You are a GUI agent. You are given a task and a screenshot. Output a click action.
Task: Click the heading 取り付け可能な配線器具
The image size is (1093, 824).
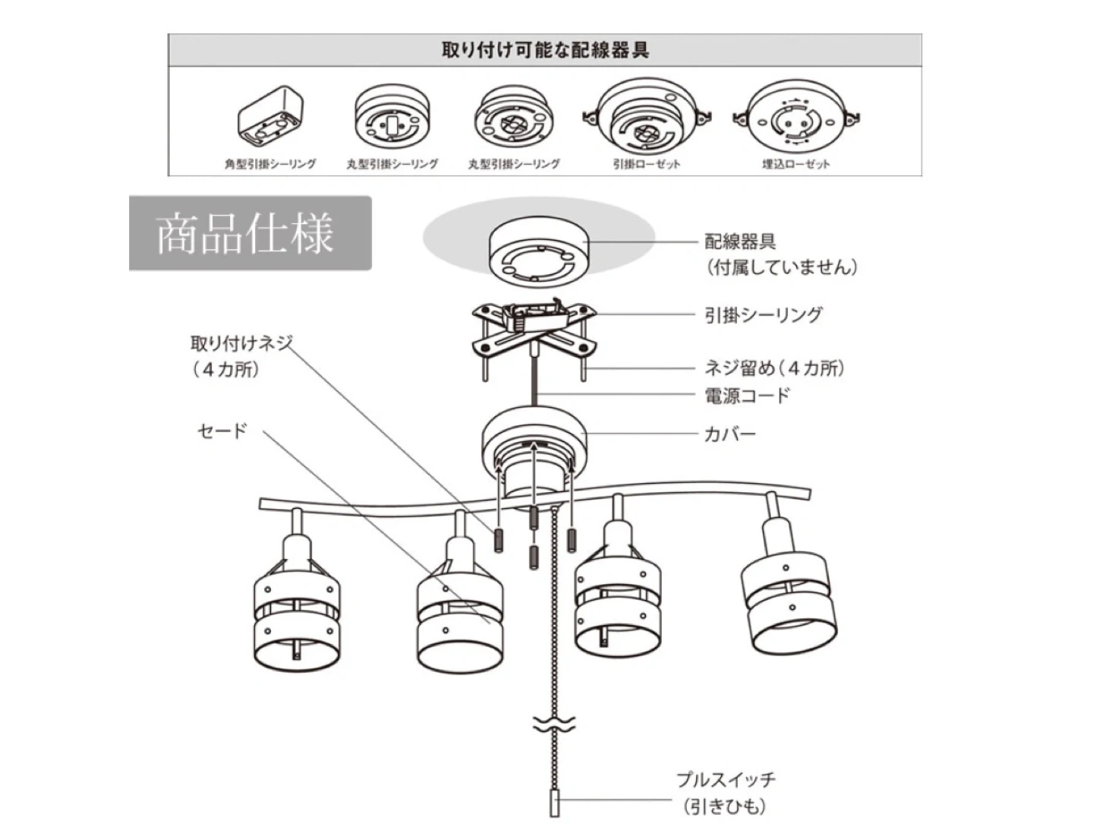point(545,51)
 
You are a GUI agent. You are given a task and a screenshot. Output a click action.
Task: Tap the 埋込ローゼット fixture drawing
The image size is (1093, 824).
point(795,118)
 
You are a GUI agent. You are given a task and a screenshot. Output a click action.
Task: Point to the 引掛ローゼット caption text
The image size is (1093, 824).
point(647,164)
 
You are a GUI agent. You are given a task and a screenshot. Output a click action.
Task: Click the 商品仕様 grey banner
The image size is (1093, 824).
point(250,233)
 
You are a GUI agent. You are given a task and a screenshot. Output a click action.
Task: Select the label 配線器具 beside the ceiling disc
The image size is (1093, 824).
point(740,242)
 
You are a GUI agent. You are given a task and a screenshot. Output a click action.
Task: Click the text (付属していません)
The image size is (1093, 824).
point(781,267)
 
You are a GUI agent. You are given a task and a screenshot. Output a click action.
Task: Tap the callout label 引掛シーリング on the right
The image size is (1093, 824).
point(763,315)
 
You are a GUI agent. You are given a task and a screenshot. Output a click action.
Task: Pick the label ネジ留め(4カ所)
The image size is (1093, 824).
point(774,368)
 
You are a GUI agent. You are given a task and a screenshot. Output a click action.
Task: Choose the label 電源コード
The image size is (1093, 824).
point(747,395)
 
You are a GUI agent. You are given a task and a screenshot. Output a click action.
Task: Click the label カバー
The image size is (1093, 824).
point(730,434)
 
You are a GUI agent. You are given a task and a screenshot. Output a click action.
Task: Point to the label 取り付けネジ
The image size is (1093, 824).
point(241,343)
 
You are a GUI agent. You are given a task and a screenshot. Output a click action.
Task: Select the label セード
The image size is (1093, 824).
point(222,431)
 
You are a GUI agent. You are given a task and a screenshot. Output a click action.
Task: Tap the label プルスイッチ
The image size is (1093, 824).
point(726,780)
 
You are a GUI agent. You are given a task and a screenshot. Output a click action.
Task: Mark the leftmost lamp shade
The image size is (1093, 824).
point(296,608)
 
